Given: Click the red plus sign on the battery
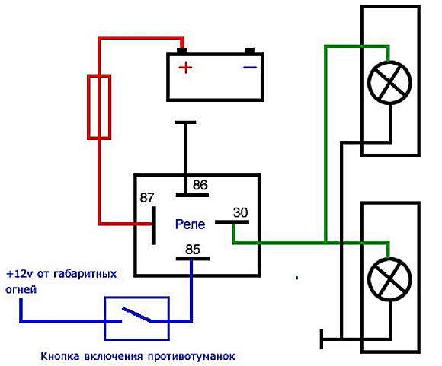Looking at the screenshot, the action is point(185,68).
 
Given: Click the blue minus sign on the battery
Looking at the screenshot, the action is point(250,67).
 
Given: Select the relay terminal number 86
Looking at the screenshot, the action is point(200,185).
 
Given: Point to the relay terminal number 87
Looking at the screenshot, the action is point(147,198).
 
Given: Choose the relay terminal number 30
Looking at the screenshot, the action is point(241,212).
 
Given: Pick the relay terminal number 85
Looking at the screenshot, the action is point(193,249).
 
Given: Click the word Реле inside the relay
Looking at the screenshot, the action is point(190,224).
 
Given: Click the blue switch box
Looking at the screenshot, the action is point(104,318).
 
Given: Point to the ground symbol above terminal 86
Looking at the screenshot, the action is point(185,123).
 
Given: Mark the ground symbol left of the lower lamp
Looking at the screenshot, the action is point(322,339).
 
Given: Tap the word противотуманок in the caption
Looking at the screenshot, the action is point(191,356).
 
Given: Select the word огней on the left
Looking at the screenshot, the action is point(21,290).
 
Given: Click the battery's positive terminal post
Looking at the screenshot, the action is point(181,51).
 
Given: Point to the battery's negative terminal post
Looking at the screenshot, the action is point(249,51).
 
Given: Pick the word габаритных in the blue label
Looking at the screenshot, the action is point(85,274).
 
